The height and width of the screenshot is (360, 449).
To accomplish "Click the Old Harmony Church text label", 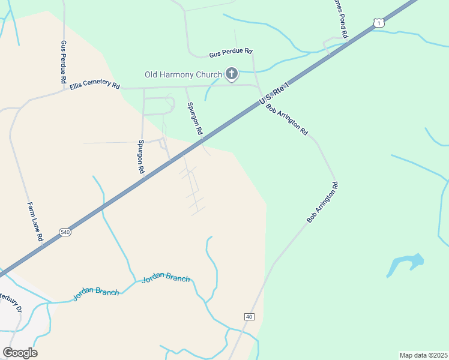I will click(182, 75).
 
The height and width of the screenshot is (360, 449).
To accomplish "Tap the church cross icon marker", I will click(232, 74).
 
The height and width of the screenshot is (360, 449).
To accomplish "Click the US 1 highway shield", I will click(377, 23).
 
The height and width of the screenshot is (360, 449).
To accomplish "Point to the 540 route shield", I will click(65, 232).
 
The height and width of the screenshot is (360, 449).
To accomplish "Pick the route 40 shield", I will click(249, 316).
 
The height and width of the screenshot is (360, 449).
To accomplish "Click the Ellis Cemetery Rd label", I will click(94, 85).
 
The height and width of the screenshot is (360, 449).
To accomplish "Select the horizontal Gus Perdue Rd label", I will click(231, 53).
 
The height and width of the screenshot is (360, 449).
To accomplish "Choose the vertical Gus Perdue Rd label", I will click(63, 62).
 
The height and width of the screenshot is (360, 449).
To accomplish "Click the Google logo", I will click(20, 352).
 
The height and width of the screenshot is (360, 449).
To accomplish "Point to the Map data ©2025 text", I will click(423, 355).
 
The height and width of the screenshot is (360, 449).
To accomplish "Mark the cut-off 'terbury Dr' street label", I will click(11, 302).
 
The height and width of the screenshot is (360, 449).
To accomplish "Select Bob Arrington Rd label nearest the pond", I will click(323, 202).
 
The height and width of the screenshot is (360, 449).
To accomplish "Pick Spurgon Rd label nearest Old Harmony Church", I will click(195, 118).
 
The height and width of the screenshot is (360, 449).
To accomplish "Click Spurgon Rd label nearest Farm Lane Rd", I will click(142, 157).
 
